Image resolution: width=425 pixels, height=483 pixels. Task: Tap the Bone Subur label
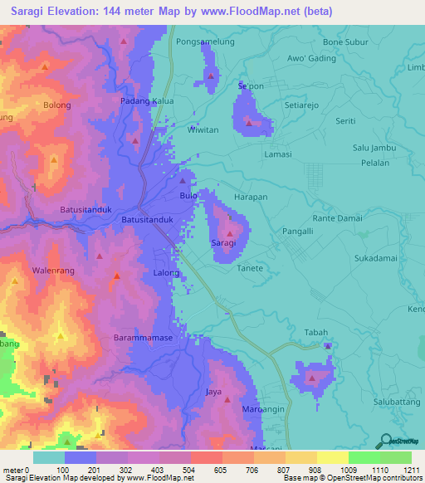point(344,41)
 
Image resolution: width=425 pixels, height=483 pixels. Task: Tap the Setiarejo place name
point(303,106)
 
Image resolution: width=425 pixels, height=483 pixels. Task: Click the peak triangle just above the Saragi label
point(229,234)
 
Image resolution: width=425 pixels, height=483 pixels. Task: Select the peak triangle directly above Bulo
point(183,181)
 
